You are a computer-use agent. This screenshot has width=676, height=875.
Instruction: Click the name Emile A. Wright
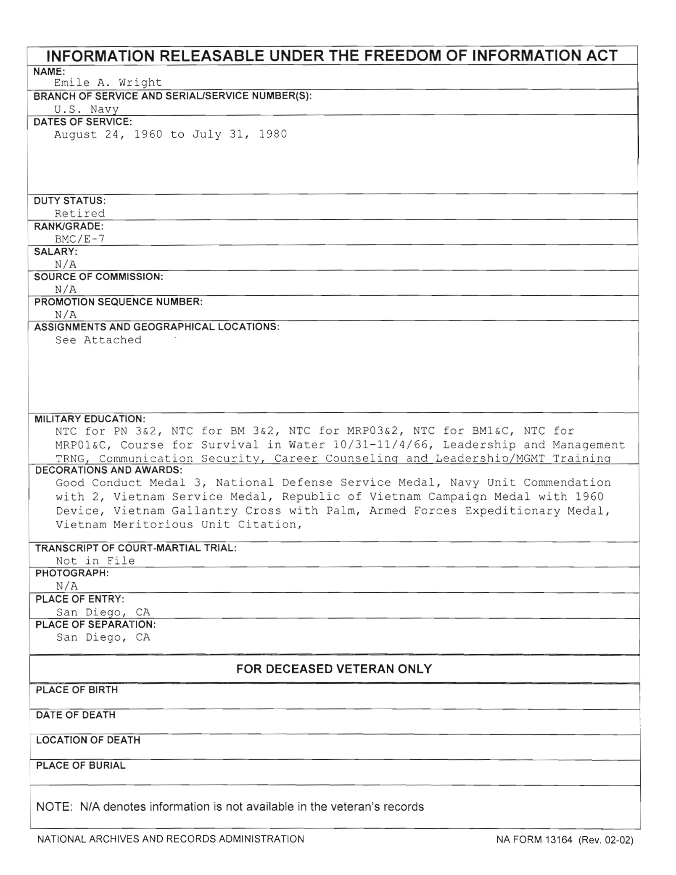[x=108, y=82]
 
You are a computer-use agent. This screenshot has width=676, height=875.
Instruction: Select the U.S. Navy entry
[x=87, y=109]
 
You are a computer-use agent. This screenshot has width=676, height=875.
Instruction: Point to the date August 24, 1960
[x=108, y=134]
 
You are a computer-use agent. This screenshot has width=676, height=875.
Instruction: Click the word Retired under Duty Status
[x=80, y=213]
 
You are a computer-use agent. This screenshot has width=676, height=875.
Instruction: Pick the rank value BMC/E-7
[x=80, y=239]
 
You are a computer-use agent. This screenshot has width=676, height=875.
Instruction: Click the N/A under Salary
[x=66, y=264]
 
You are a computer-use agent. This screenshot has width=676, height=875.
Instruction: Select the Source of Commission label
[x=98, y=277]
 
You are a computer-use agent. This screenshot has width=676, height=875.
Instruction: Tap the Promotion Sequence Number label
[x=118, y=302]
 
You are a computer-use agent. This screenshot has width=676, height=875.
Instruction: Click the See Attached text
[x=98, y=340]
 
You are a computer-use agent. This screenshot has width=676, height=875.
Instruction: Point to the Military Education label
[x=90, y=419]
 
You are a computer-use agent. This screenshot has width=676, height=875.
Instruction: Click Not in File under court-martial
[x=95, y=561]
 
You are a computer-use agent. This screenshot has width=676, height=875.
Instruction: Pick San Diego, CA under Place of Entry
[x=103, y=612]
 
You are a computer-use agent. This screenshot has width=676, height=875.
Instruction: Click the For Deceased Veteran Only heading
[x=334, y=669]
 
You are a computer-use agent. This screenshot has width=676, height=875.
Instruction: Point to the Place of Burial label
[x=81, y=766]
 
